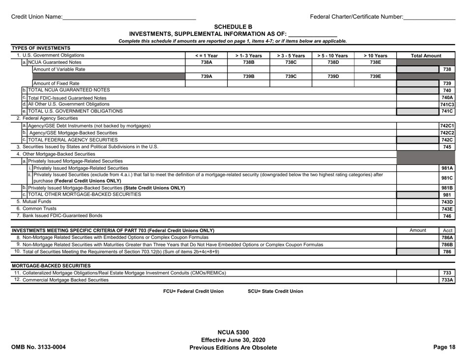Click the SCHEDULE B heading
(233, 27)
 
